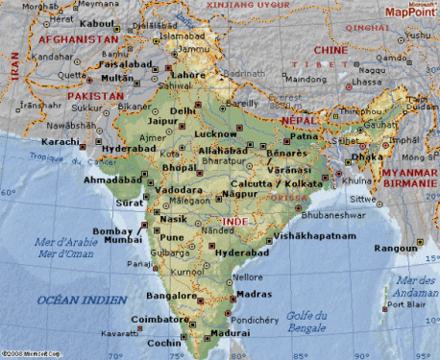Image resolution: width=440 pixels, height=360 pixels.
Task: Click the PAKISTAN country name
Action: (94, 96)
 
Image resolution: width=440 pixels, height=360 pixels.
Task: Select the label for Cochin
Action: (166, 343)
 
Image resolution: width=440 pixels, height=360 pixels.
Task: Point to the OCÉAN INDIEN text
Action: (82, 300)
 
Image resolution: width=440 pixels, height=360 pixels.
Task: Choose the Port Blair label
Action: (405, 306)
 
